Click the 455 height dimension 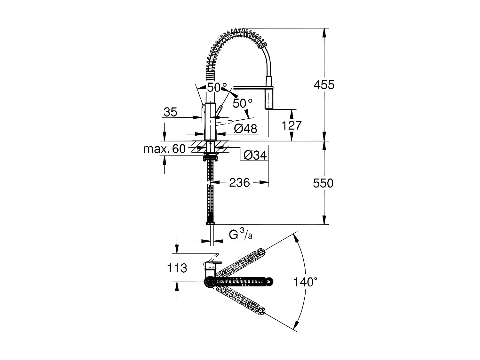coord(324,85)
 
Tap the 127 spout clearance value coord(292,125)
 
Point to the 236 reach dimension coord(239,182)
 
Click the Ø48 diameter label coord(245,129)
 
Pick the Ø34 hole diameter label coord(255,155)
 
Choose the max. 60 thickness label coord(164,149)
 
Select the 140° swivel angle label coord(306,282)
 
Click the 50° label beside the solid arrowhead coord(242,103)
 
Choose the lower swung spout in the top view coord(240,300)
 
